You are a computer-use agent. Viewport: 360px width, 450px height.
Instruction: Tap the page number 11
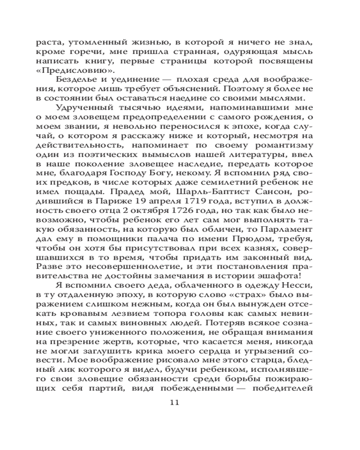[x=175, y=402]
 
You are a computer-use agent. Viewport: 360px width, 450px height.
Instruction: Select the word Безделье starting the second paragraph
[x=75, y=79]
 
